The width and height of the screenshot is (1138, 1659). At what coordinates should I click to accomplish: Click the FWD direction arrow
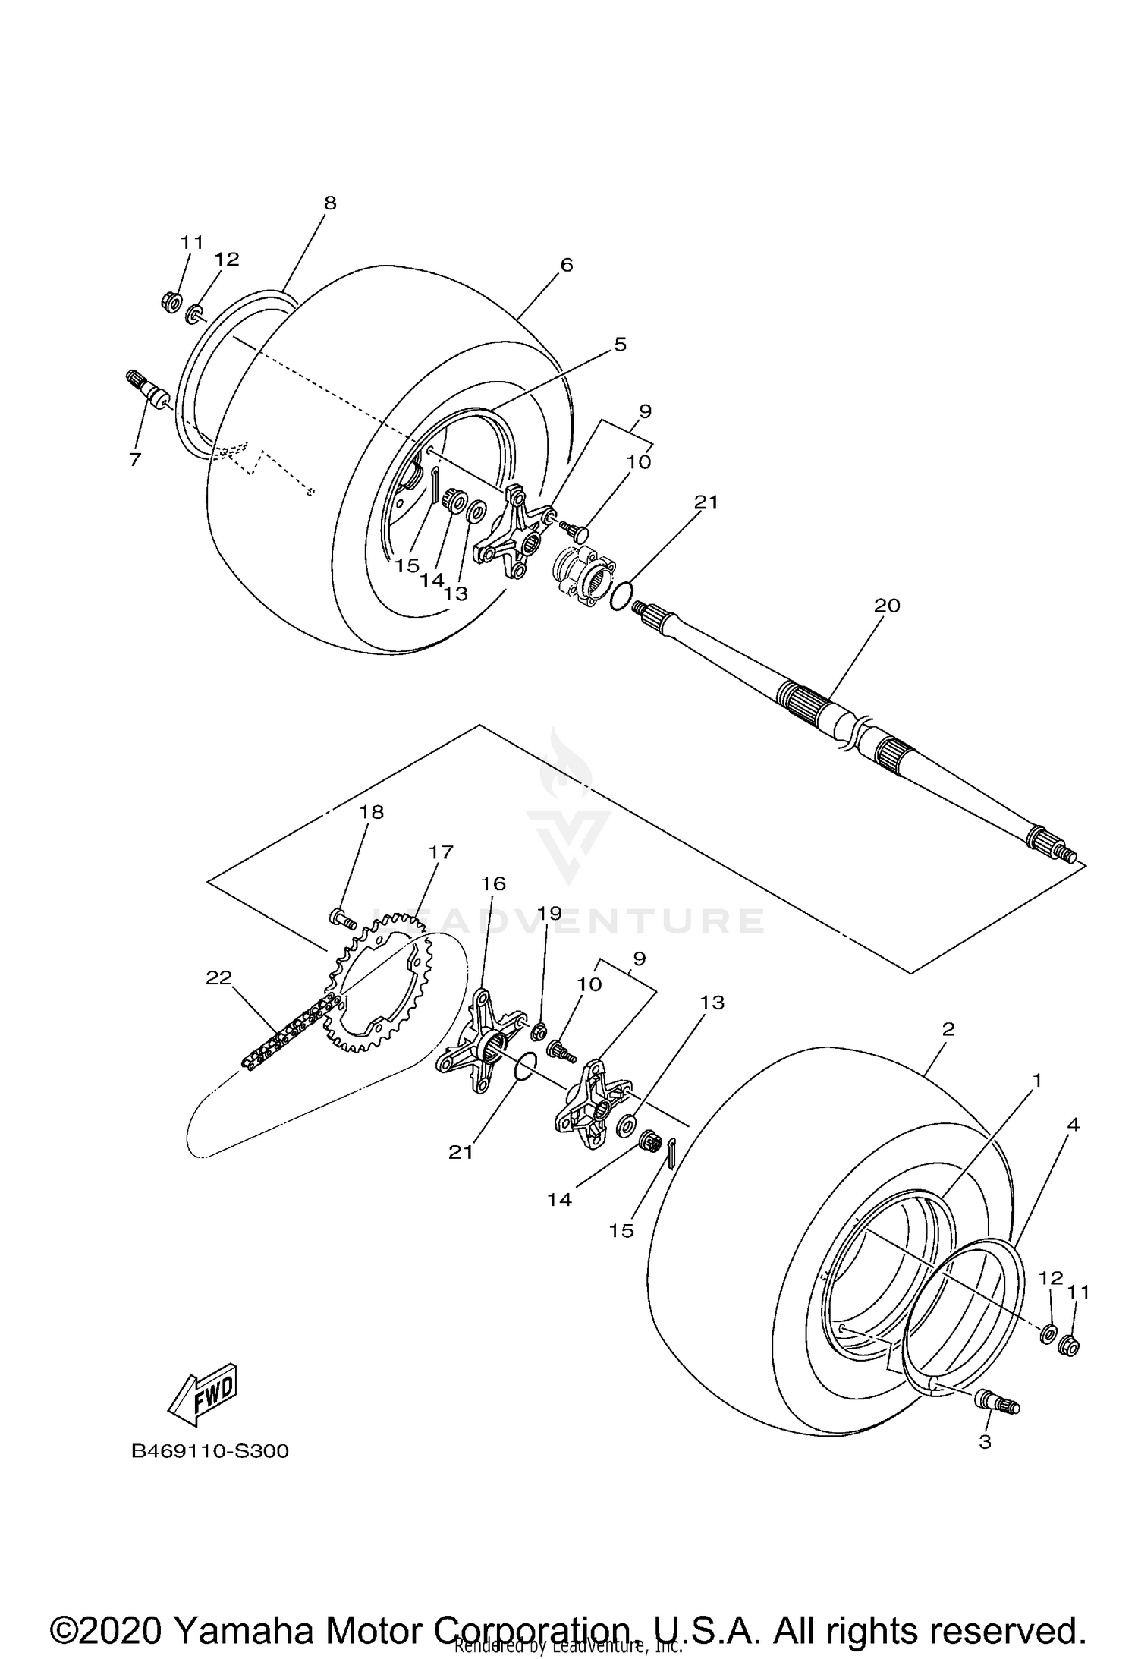coord(202,1396)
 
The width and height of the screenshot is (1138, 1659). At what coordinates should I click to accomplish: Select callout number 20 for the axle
coord(886,606)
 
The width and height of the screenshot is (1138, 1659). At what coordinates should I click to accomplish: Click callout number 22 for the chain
coord(218,977)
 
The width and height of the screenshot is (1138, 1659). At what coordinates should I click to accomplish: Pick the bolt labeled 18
coord(344,919)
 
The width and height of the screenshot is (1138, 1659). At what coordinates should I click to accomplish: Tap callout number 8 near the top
coord(329,203)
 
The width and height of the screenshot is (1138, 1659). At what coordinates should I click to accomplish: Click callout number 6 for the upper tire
coord(566,265)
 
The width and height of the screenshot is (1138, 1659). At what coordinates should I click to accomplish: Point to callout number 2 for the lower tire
coord(948,1029)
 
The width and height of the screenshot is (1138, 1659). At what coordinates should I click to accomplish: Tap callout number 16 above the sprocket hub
coord(493,883)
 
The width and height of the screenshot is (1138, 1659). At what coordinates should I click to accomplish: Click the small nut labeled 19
coord(540,1031)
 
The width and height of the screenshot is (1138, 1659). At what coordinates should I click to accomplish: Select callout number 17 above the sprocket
coord(440,852)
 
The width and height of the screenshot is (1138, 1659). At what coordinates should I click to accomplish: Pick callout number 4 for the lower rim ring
coord(1072,1124)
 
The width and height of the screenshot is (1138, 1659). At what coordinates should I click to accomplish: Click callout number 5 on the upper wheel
coord(620,345)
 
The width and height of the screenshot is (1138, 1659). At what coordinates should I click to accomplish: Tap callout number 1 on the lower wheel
coord(1036,1079)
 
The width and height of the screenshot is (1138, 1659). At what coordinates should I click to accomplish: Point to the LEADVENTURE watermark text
coord(569,921)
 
